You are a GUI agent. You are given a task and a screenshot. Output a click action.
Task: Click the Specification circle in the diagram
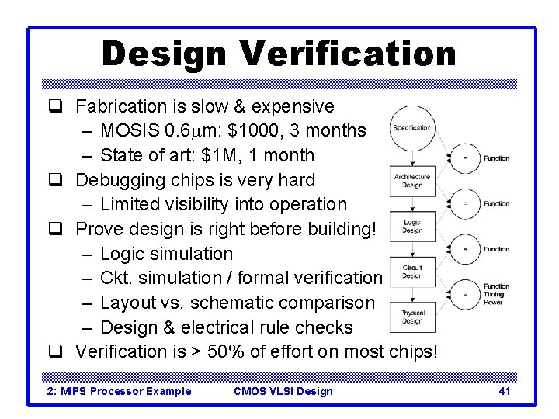pyautogui.click(x=411, y=128)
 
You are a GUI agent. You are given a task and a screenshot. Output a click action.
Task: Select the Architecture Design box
pyautogui.click(x=412, y=181)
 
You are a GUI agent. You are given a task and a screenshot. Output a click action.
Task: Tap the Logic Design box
pyautogui.click(x=412, y=226)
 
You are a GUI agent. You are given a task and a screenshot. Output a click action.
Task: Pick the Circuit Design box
pyautogui.click(x=412, y=272)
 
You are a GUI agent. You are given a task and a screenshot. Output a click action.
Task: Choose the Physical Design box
pyautogui.click(x=412, y=317)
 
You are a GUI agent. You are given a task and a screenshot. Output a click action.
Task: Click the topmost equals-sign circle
pyautogui.click(x=465, y=158)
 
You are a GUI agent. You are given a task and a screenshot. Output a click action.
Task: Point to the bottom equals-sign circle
pyautogui.click(x=465, y=294)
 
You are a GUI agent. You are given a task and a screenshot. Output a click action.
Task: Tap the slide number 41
pyautogui.click(x=504, y=391)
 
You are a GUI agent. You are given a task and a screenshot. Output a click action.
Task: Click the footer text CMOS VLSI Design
pyautogui.click(x=283, y=391)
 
